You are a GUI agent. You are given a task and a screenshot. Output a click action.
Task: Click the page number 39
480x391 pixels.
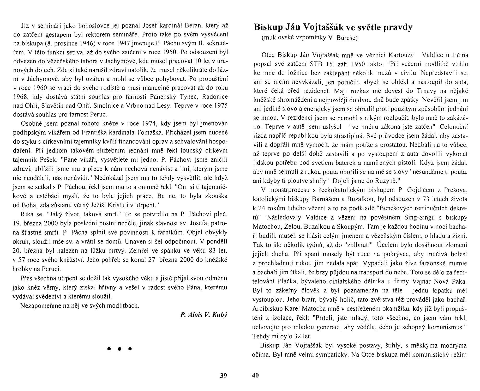tap(223, 375)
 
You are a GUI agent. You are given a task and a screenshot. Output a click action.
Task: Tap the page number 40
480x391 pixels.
tap(255, 375)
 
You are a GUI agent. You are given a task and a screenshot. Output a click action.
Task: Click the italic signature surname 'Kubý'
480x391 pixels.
tap(220, 315)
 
